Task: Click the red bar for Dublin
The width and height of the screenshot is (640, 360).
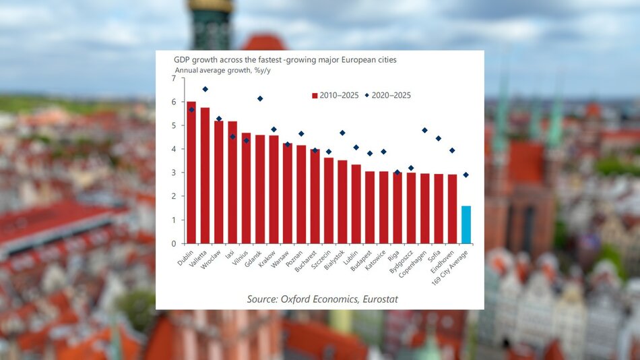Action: [191, 173]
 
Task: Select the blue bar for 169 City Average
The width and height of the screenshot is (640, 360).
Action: [466, 224]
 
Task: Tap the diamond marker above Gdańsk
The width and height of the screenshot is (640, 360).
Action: [260, 98]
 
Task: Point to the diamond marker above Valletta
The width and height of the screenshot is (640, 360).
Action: [205, 89]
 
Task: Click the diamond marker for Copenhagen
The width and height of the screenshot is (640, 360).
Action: [424, 130]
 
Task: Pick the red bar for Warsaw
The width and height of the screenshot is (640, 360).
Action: [288, 193]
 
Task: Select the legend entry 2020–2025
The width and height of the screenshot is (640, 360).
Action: [387, 95]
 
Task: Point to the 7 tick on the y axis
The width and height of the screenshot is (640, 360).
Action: [173, 78]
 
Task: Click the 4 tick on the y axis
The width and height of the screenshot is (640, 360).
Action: [173, 149]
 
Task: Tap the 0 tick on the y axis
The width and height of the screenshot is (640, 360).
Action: [173, 243]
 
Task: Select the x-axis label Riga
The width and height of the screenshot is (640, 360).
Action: [393, 254]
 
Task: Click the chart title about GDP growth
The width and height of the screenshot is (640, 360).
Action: [285, 60]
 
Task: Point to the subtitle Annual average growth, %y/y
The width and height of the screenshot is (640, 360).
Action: [222, 70]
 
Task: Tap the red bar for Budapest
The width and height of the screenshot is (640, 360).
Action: [370, 207]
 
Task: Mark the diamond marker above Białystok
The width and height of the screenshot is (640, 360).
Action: [342, 133]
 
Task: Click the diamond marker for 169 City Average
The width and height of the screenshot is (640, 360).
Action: [466, 175]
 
